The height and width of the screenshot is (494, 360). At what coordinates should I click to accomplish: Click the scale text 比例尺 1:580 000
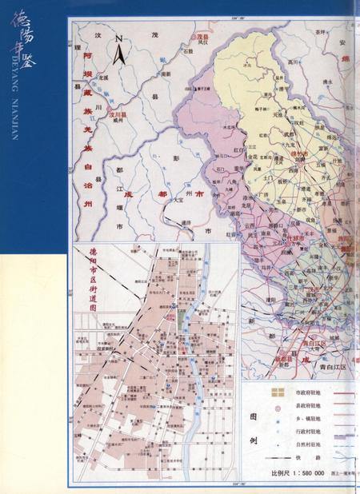click(x=297, y=473)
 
